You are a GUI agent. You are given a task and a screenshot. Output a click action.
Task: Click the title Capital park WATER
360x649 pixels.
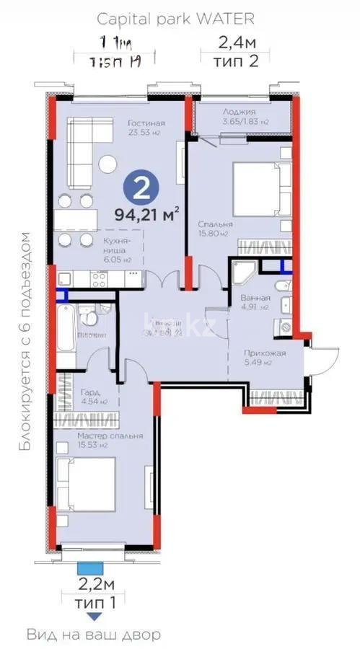[x=180, y=18]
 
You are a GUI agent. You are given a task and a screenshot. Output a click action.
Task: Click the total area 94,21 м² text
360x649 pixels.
[x=147, y=214]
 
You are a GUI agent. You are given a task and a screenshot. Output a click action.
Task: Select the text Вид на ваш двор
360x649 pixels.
[x=94, y=635]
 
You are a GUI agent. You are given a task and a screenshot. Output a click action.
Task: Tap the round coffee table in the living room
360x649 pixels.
[x=107, y=164]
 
